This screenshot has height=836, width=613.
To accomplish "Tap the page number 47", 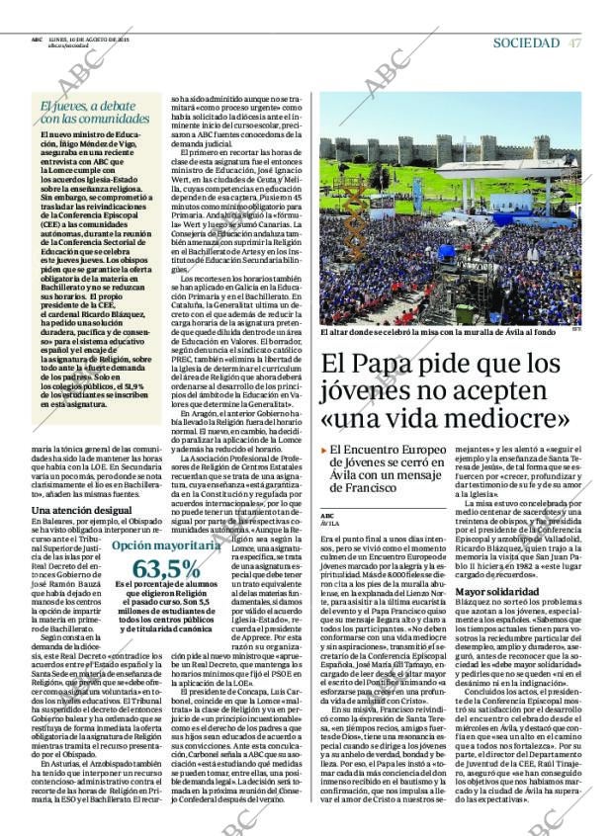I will coord(575,42).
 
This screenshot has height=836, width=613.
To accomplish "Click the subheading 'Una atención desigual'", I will coord(82,510).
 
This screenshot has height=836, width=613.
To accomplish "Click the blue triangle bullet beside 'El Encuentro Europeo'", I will coord(324,450).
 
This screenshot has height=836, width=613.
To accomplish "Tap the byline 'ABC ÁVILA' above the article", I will coord(329,519).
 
